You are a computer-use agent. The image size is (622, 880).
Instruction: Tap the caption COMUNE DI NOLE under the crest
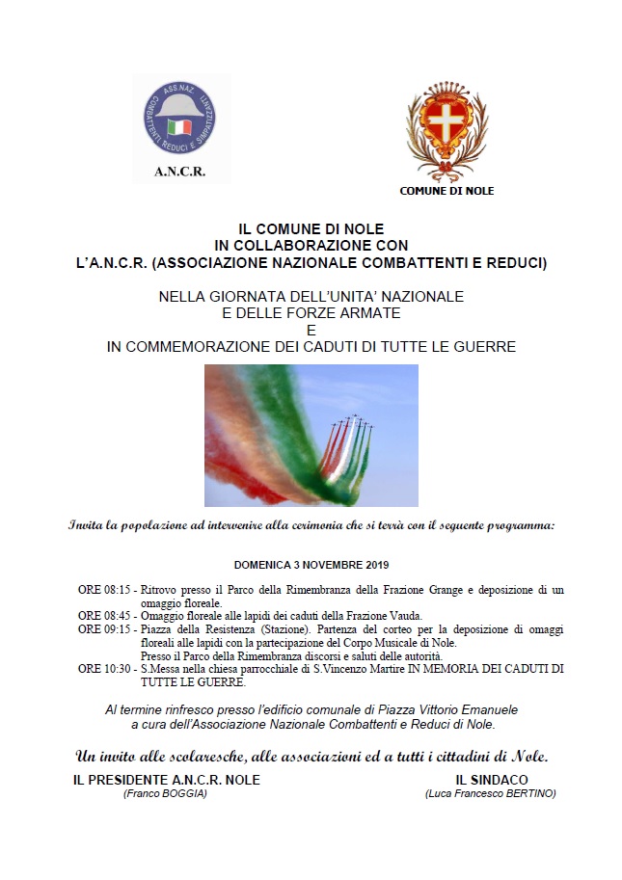click(446, 191)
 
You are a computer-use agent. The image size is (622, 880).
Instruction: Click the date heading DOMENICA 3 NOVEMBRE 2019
click(311, 565)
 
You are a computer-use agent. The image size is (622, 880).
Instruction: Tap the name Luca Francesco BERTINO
click(490, 793)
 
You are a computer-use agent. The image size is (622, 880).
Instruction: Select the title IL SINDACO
click(492, 780)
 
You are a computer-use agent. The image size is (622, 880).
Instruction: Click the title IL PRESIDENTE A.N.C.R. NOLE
click(167, 780)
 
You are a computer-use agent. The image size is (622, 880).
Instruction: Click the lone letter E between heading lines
click(311, 330)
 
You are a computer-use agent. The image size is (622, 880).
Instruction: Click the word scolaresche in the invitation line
click(182, 755)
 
